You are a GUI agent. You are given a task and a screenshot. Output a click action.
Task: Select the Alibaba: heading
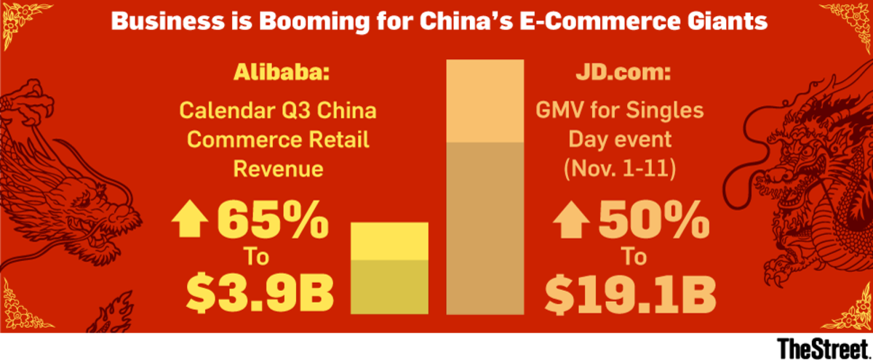click(279, 74)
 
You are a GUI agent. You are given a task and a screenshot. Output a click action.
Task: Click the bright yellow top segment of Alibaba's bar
click(390, 241)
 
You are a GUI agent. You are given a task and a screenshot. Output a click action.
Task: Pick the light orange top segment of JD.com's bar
click(485, 102)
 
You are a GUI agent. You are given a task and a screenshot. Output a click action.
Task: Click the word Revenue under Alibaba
click(279, 169)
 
